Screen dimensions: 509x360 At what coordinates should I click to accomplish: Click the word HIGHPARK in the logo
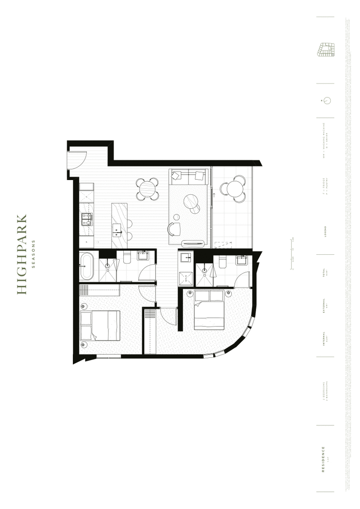pyautogui.click(x=22, y=255)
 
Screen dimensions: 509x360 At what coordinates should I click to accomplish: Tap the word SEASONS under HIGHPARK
pyautogui.click(x=34, y=255)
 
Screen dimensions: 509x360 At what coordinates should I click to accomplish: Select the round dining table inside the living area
pyautogui.click(x=148, y=189)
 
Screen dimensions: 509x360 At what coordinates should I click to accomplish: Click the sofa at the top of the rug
pyautogui.click(x=189, y=176)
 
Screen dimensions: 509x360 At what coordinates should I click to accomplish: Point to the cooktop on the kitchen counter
pyautogui.click(x=86, y=219)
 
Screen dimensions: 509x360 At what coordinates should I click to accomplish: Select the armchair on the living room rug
pyautogui.click(x=174, y=229)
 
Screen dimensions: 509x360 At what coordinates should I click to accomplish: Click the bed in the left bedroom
pyautogui.click(x=100, y=326)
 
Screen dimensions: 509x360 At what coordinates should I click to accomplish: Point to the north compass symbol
pyautogui.click(x=327, y=100)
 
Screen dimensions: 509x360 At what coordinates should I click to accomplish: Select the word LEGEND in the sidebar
pyautogui.click(x=325, y=233)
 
